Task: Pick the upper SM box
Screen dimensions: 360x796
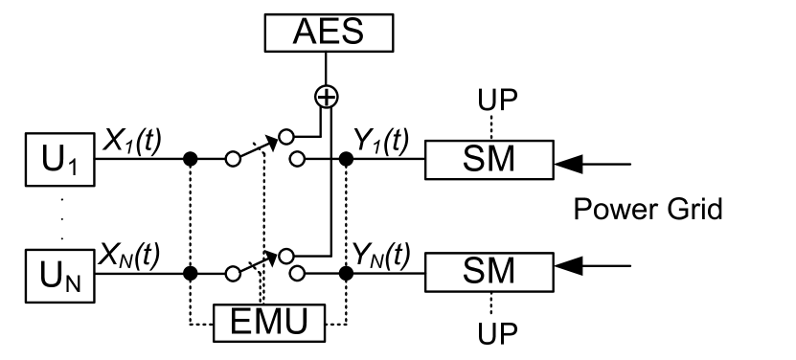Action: (x=489, y=158)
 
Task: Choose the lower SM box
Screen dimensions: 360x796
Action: (x=489, y=274)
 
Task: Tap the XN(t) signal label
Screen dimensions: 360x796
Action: (x=131, y=253)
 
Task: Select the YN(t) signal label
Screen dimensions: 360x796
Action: (x=380, y=253)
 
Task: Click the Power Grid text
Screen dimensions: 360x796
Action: (x=648, y=209)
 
